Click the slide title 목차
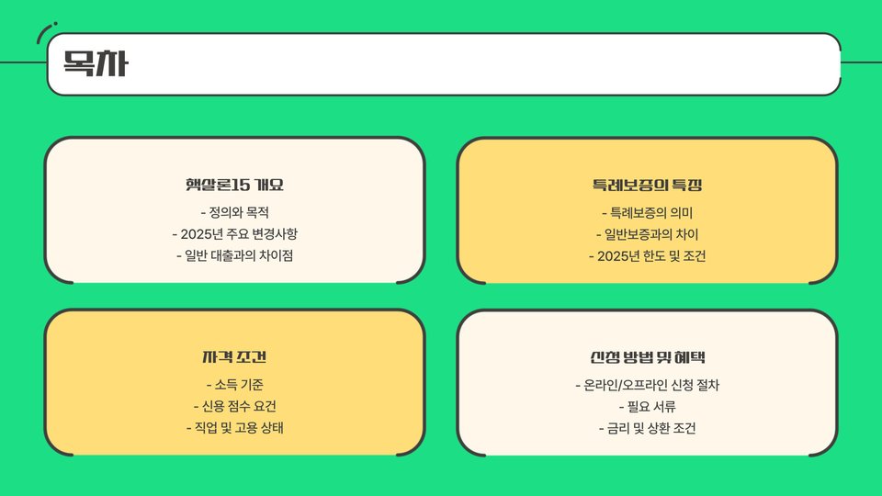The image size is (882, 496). pos(95,64)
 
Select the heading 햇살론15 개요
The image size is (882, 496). pos(234,186)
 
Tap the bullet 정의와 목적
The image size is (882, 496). pos(234,212)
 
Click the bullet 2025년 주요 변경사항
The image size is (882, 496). pos(234,233)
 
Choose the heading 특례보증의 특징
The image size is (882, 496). pos(648,186)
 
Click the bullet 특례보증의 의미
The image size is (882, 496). pos(648,212)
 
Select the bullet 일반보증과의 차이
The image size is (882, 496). pos(648,233)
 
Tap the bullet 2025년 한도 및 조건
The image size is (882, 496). pos(648,255)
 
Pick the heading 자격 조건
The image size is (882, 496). pos(234,357)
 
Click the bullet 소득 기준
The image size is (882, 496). pos(234,384)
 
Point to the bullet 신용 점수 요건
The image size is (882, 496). pos(234,406)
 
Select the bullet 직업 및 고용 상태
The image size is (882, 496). pos(234,428)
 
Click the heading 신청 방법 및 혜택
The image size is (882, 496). pos(648,357)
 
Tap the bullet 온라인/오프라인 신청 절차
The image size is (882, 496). pos(648,384)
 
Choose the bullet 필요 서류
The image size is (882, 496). pos(648,406)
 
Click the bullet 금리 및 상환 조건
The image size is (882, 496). pos(648,428)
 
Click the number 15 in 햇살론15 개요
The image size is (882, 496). pos(241,186)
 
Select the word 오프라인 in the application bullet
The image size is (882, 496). pos(655,384)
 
